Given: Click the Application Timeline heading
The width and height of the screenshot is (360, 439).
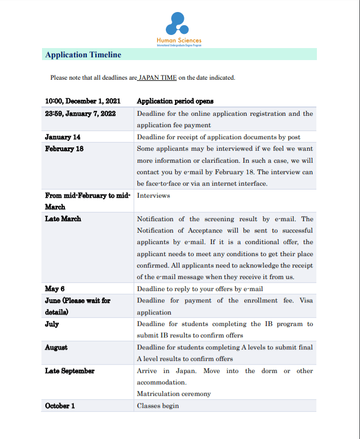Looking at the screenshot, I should point(83,55).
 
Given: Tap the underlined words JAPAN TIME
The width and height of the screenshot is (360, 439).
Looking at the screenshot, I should point(158,78).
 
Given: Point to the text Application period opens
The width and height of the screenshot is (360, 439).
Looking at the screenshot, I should point(175,101).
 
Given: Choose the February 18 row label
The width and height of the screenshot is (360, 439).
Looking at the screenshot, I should point(64,149).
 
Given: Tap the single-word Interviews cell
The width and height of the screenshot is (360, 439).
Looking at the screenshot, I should point(153,195).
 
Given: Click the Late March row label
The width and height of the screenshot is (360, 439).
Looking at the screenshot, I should point(63,218).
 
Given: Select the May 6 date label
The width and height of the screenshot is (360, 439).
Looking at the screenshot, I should point(55,288).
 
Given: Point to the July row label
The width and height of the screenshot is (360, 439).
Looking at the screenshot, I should point(52,324).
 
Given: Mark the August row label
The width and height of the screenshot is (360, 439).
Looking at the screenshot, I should point(56,347).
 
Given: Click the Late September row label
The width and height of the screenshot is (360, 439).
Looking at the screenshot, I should point(69,371).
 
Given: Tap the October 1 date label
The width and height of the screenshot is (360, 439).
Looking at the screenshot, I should point(60,406).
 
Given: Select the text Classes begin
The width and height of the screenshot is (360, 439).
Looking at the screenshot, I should point(158,406).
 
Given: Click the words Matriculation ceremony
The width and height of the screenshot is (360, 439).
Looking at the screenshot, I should point(173,394).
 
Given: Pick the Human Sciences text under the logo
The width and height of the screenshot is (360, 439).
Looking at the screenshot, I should point(179,40).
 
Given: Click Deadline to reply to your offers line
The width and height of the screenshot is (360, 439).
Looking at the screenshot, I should point(200,289).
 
